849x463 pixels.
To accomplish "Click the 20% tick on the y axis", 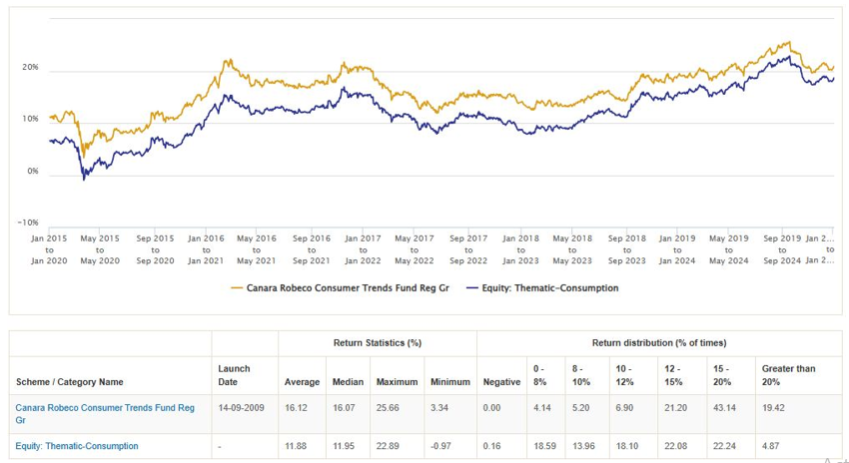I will (x=29, y=68).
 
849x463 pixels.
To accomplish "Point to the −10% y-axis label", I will (x=27, y=223).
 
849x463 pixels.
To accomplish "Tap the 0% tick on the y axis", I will (x=32, y=171).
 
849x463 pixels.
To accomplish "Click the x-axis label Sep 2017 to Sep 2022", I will (x=468, y=248).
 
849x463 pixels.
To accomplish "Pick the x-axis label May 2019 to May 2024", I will (x=728, y=248).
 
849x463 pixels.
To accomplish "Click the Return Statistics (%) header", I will (x=377, y=343).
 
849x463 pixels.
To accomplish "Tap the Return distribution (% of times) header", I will (x=659, y=343).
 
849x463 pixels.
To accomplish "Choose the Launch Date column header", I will (x=234, y=374).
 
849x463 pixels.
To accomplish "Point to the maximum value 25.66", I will (x=397, y=407).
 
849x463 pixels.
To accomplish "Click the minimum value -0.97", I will (x=443, y=446).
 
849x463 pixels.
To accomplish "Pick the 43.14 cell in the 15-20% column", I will (x=723, y=407).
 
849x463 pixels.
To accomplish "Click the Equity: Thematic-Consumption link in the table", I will (x=77, y=446).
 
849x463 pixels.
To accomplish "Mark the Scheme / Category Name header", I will (x=70, y=381).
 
